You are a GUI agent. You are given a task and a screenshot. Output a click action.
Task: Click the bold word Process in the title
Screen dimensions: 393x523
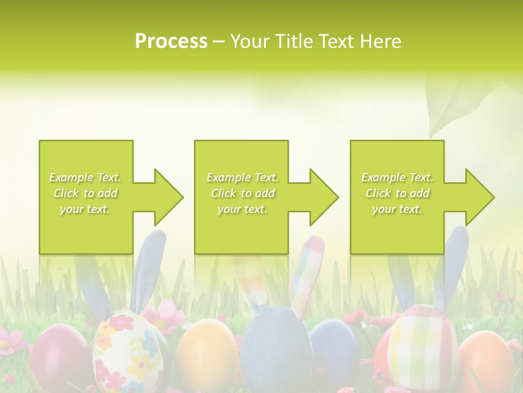[x=171, y=41]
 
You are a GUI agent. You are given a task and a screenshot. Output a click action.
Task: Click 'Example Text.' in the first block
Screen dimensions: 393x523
[x=86, y=177]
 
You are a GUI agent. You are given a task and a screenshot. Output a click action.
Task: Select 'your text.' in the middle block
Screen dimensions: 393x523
[x=242, y=209]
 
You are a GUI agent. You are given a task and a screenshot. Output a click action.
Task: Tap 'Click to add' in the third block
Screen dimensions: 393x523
[x=397, y=193]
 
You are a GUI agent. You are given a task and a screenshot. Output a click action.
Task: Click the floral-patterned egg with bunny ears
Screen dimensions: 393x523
[x=126, y=349]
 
